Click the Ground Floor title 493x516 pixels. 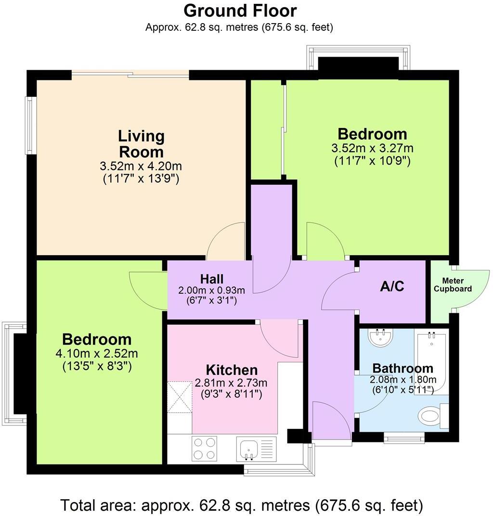240,10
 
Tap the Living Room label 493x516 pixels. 142,144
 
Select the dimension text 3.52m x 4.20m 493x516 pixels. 141,167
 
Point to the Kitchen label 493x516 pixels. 232,370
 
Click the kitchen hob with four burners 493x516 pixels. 204,448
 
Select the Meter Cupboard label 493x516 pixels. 453,285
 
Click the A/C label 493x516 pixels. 392,286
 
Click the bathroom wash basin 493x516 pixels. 381,337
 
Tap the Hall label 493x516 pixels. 212,279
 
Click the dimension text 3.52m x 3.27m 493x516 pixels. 372,148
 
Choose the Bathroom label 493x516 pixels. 403,369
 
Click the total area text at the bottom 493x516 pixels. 242,505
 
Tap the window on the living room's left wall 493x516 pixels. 31,125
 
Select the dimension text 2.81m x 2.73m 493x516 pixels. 232,383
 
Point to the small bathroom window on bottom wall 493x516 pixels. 404,438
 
